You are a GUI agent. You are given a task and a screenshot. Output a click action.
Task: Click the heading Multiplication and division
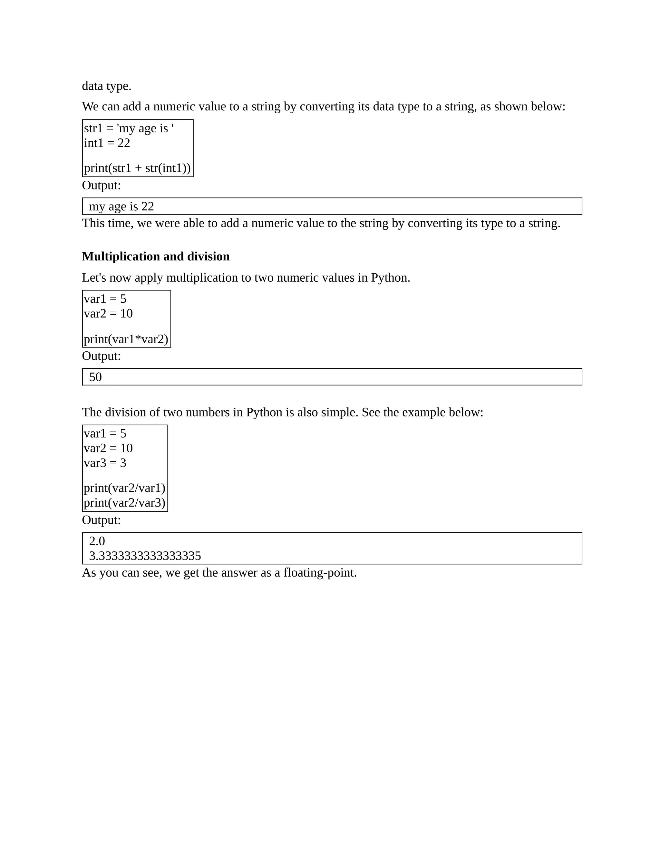(156, 256)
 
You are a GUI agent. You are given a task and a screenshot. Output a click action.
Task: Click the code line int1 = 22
(107, 143)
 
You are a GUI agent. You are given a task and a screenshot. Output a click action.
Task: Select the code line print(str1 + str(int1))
(137, 168)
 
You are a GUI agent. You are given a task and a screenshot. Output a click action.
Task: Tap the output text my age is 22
(121, 206)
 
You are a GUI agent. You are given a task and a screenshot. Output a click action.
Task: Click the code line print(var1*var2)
(126, 339)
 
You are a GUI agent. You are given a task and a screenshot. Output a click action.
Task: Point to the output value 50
(95, 377)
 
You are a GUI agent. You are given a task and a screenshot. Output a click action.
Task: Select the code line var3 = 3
(105, 463)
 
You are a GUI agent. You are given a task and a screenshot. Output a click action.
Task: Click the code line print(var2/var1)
(124, 488)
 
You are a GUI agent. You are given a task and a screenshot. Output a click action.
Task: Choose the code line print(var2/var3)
(124, 503)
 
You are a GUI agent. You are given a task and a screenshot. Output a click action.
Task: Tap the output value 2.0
(97, 541)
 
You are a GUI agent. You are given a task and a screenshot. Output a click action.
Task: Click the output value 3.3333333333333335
(145, 556)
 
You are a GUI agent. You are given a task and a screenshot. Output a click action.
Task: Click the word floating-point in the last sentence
(319, 573)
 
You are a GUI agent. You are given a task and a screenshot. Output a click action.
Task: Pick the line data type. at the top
(106, 86)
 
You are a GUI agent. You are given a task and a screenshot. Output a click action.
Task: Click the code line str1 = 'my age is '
(129, 128)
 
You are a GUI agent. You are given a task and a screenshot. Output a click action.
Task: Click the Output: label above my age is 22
(101, 185)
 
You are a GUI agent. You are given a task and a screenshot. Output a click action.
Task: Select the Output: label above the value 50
(101, 356)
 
